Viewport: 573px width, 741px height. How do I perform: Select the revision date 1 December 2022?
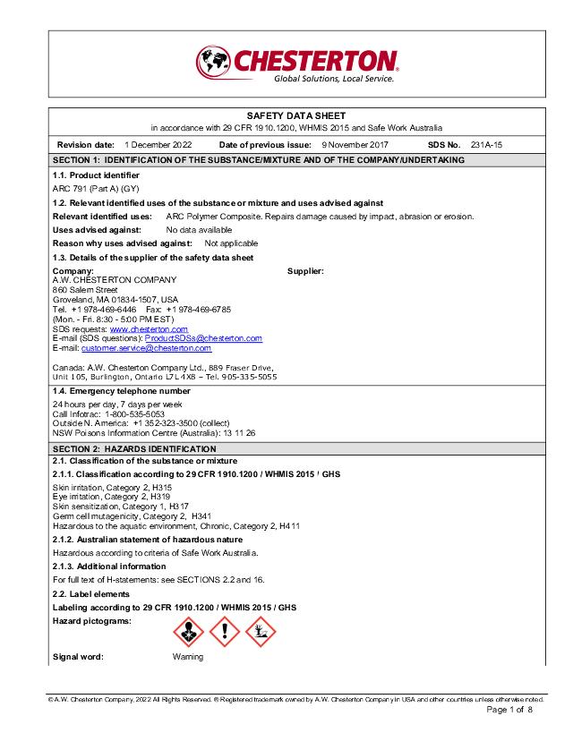(158, 144)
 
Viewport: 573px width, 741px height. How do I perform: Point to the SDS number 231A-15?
(486, 144)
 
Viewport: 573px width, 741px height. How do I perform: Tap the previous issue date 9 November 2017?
(355, 144)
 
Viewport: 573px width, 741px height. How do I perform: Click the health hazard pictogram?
(187, 633)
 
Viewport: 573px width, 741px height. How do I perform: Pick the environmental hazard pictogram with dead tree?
(261, 633)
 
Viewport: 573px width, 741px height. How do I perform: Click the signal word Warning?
(188, 657)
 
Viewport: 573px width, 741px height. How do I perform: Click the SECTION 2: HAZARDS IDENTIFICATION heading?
(134, 448)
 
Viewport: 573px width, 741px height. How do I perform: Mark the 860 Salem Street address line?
(85, 289)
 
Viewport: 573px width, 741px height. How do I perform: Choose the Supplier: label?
(305, 270)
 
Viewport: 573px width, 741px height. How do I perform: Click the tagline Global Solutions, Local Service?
(333, 79)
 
